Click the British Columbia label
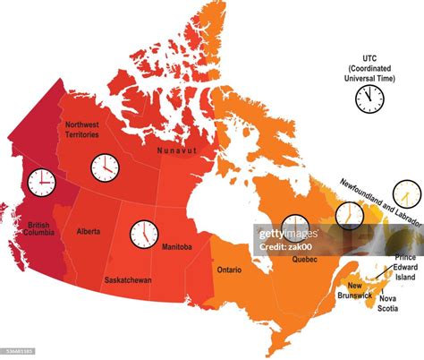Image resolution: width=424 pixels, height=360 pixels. pos(39,229)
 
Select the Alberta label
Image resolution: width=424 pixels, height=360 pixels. pos(88,232)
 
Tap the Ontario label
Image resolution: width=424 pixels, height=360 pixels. pos(230,269)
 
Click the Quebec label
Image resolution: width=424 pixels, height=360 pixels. pos(305,261)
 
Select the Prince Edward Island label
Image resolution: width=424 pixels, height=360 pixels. pos(405,268)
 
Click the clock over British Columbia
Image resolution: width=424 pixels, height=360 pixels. pos(40,183)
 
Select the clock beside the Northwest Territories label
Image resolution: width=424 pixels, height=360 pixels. pos(105,167)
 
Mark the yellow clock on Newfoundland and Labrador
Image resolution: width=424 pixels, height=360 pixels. pos(407,193)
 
